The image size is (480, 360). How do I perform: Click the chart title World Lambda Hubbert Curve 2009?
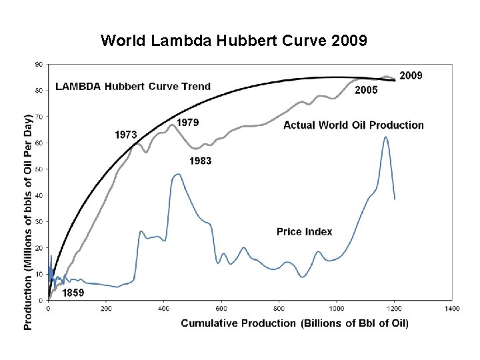pyautogui.click(x=233, y=41)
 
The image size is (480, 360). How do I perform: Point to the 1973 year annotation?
pyautogui.click(x=126, y=135)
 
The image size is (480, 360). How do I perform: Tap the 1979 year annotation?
pyautogui.click(x=187, y=123)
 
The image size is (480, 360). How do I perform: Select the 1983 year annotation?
pyautogui.click(x=201, y=161)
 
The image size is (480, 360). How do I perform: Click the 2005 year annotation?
pyautogui.click(x=366, y=90)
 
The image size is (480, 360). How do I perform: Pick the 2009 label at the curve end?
pyautogui.click(x=411, y=75)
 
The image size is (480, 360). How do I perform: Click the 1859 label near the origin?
pyautogui.click(x=73, y=292)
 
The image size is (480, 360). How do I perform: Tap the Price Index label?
pyautogui.click(x=304, y=232)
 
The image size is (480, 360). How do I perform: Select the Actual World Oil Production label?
pyautogui.click(x=353, y=125)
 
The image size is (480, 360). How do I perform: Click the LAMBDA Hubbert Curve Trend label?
pyautogui.click(x=133, y=86)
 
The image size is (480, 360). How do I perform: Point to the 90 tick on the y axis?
pyautogui.click(x=39, y=64)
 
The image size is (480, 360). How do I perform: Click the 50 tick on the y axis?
pyautogui.click(x=39, y=169)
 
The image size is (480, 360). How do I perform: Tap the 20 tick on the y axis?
pyautogui.click(x=39, y=248)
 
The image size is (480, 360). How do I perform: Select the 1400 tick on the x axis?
pyautogui.click(x=451, y=309)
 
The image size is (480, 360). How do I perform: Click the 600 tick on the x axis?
pyautogui.click(x=221, y=309)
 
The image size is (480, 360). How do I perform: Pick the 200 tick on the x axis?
pyautogui.click(x=105, y=309)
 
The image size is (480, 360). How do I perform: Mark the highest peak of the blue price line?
pyautogui.click(x=385, y=137)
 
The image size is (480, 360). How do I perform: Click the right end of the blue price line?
pyautogui.click(x=395, y=199)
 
